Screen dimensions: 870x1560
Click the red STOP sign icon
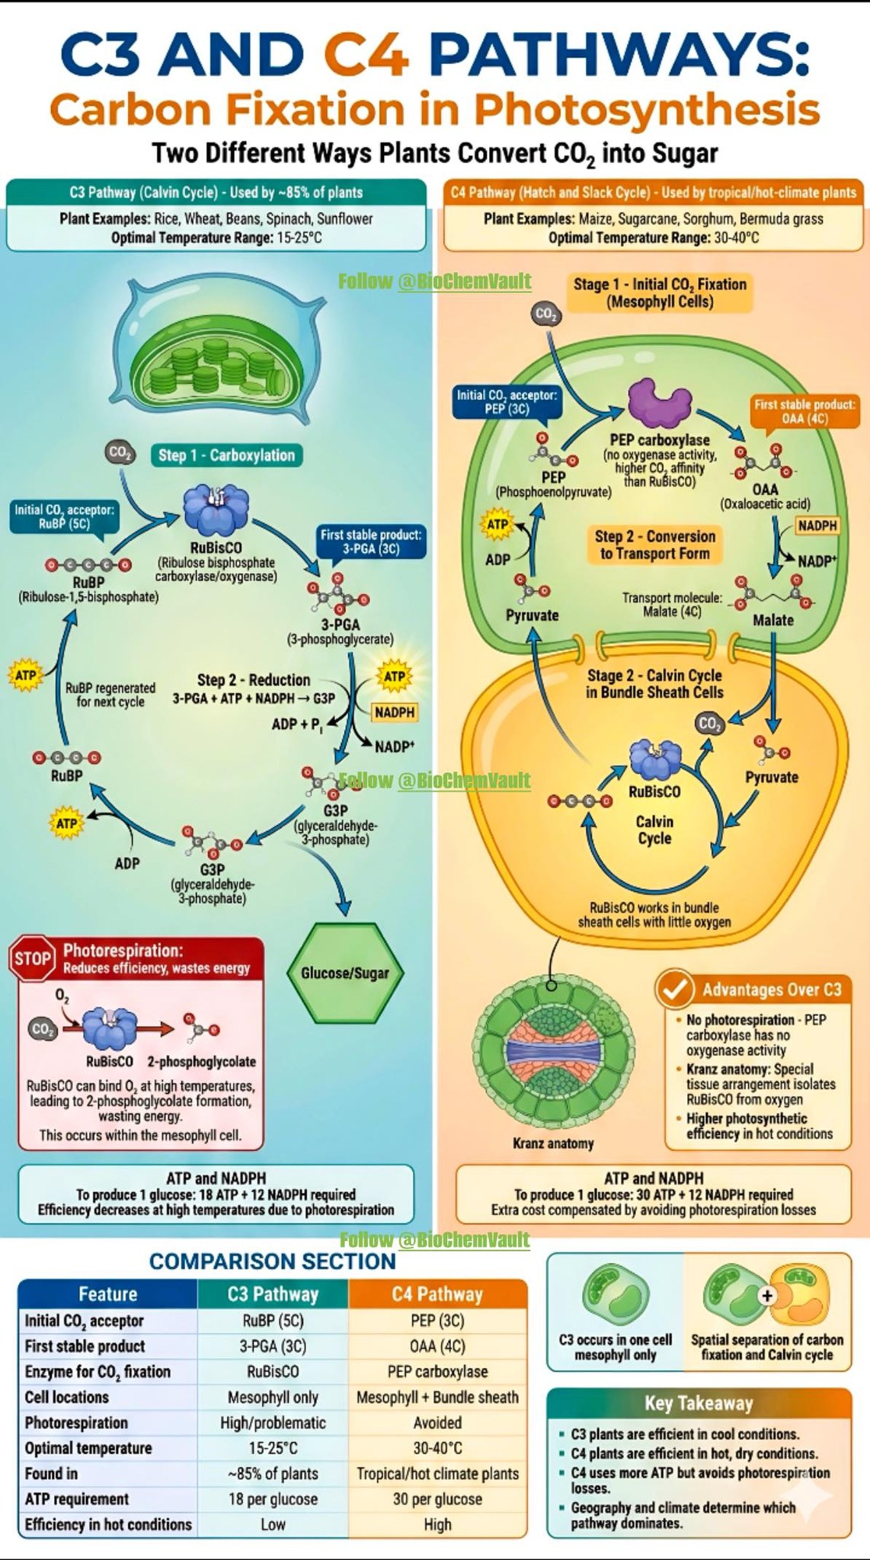click(32, 958)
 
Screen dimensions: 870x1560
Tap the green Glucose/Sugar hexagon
click(344, 973)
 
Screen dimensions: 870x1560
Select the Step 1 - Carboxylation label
click(226, 456)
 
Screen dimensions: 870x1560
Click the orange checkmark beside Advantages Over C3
click(674, 989)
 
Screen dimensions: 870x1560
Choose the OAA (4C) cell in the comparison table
click(437, 1346)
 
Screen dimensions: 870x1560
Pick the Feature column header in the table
click(107, 1294)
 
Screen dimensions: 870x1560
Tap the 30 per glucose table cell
click(437, 1499)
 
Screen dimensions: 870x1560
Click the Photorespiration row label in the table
click(76, 1423)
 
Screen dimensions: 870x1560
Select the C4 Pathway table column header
click(437, 1294)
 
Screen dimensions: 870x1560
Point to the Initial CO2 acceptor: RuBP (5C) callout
click(64, 517)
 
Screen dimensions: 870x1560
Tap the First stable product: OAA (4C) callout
click(804, 411)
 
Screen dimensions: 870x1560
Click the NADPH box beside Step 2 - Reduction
click(395, 712)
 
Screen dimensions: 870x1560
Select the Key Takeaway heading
click(699, 1403)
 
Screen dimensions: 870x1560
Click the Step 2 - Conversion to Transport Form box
click(654, 545)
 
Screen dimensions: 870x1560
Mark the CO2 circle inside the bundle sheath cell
click(710, 724)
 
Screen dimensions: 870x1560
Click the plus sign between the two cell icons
click(766, 1296)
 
